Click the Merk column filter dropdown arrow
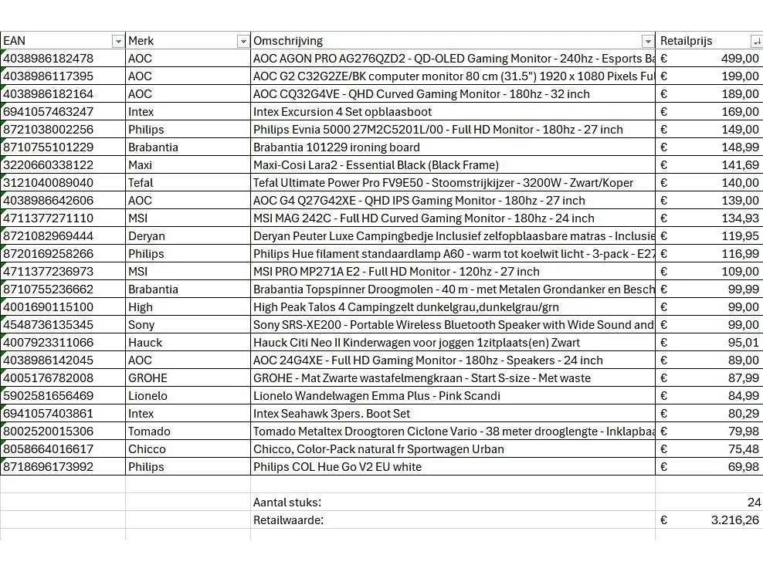coord(243,41)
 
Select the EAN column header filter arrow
coord(117,41)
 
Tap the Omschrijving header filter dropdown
coord(647,41)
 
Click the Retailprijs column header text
coord(686,41)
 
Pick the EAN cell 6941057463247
coord(48,112)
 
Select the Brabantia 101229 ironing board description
coord(337,147)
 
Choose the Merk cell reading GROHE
coord(148,378)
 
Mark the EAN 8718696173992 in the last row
coord(48,467)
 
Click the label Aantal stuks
coord(287,503)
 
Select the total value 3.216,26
coord(734,520)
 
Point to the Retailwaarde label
coord(288,520)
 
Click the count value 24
coord(754,503)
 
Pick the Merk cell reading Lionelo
coord(148,396)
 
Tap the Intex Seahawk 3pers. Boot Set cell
coord(332,414)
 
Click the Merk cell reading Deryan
coord(146,236)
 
